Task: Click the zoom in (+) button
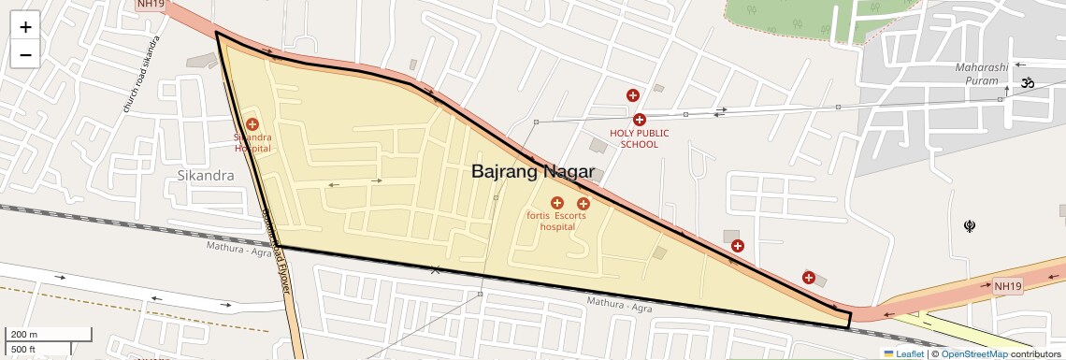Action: (25, 27)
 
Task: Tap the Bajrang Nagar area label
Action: (532, 171)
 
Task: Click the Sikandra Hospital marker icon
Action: (252, 124)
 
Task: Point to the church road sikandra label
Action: (141, 76)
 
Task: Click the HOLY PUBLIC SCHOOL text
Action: (640, 138)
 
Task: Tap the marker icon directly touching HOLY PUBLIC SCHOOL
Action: (640, 120)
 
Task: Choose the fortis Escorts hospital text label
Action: (556, 221)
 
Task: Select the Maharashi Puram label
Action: (982, 74)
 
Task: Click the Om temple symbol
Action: (1028, 83)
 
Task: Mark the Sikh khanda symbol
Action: (970, 225)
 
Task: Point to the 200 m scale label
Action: (24, 334)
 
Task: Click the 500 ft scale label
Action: (23, 350)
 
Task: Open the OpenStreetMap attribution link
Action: (973, 353)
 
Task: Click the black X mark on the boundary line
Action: (435, 269)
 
